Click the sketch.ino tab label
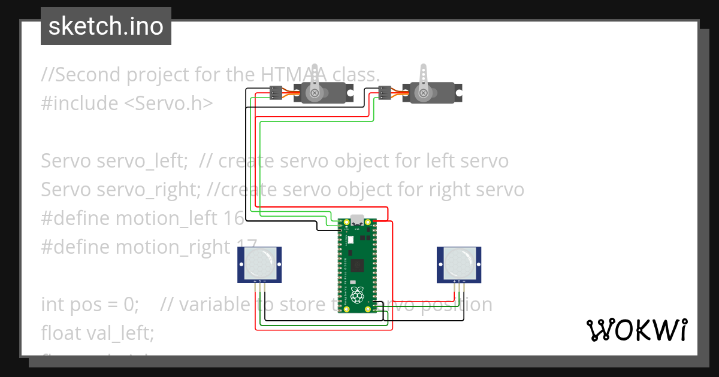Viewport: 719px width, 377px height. [106, 26]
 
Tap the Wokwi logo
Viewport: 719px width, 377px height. [636, 330]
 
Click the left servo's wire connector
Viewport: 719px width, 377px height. [276, 93]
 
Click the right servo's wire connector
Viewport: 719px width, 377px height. [385, 93]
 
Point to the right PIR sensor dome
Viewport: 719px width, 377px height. [458, 260]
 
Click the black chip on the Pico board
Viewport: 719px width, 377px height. [358, 264]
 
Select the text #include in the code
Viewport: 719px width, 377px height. [80, 104]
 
